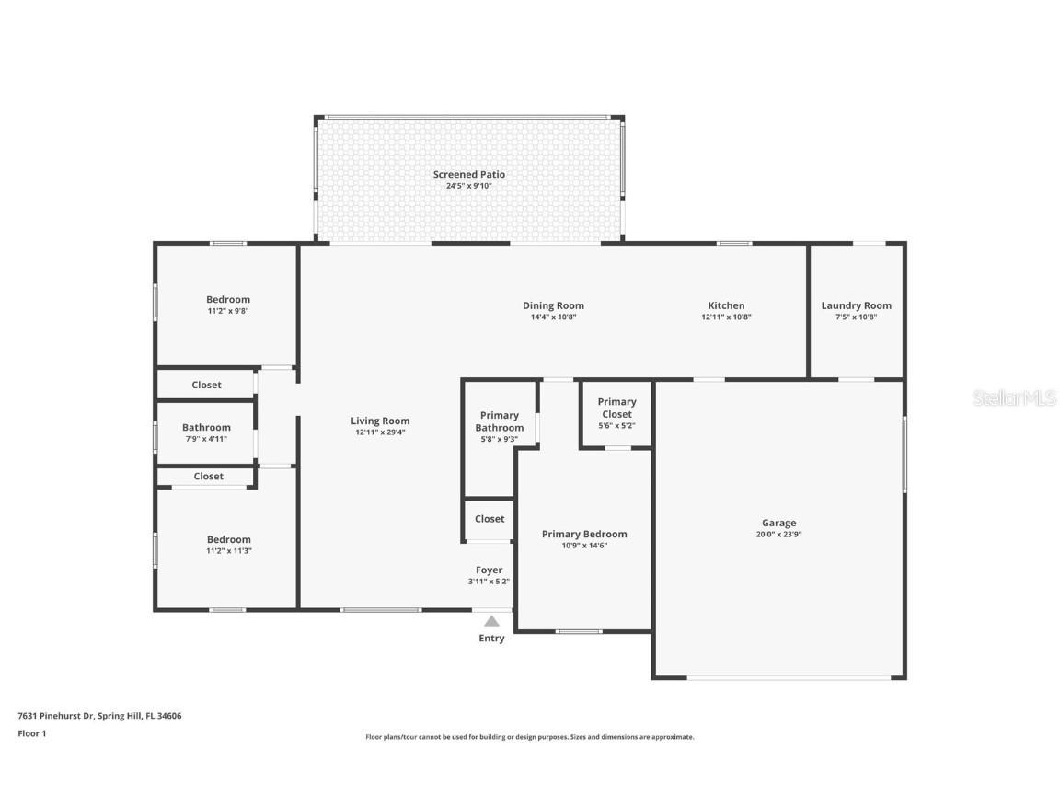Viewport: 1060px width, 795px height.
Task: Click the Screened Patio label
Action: [469, 174]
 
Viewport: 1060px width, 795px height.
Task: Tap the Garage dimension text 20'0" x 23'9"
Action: [778, 535]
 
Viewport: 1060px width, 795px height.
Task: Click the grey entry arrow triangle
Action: [492, 621]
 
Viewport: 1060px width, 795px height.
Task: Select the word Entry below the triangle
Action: [491, 639]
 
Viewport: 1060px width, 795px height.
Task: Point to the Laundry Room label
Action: [856, 305]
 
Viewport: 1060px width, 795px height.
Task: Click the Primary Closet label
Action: [616, 408]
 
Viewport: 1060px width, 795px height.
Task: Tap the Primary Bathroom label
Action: [500, 421]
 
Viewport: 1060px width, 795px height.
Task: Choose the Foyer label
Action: [489, 570]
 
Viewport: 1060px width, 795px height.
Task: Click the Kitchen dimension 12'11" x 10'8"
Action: [726, 317]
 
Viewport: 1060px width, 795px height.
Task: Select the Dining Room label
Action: [553, 305]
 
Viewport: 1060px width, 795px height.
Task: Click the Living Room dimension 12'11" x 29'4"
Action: [380, 432]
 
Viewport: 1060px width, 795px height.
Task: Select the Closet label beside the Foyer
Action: [490, 519]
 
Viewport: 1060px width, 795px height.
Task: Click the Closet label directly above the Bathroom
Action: [206, 385]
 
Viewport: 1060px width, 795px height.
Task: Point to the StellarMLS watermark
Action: [1013, 397]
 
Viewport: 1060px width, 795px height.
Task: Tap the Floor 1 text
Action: [31, 733]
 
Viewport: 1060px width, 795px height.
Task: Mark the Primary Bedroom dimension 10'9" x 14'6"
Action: [584, 546]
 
